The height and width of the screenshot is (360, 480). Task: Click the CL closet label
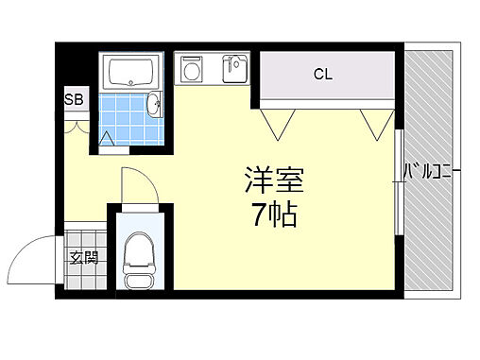coord(323,73)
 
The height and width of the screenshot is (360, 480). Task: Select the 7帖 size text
coord(274,215)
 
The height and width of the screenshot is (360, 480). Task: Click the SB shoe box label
coord(72,98)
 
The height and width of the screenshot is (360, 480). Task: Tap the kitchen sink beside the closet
coord(233,69)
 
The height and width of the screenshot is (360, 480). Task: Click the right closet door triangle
coord(376,121)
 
